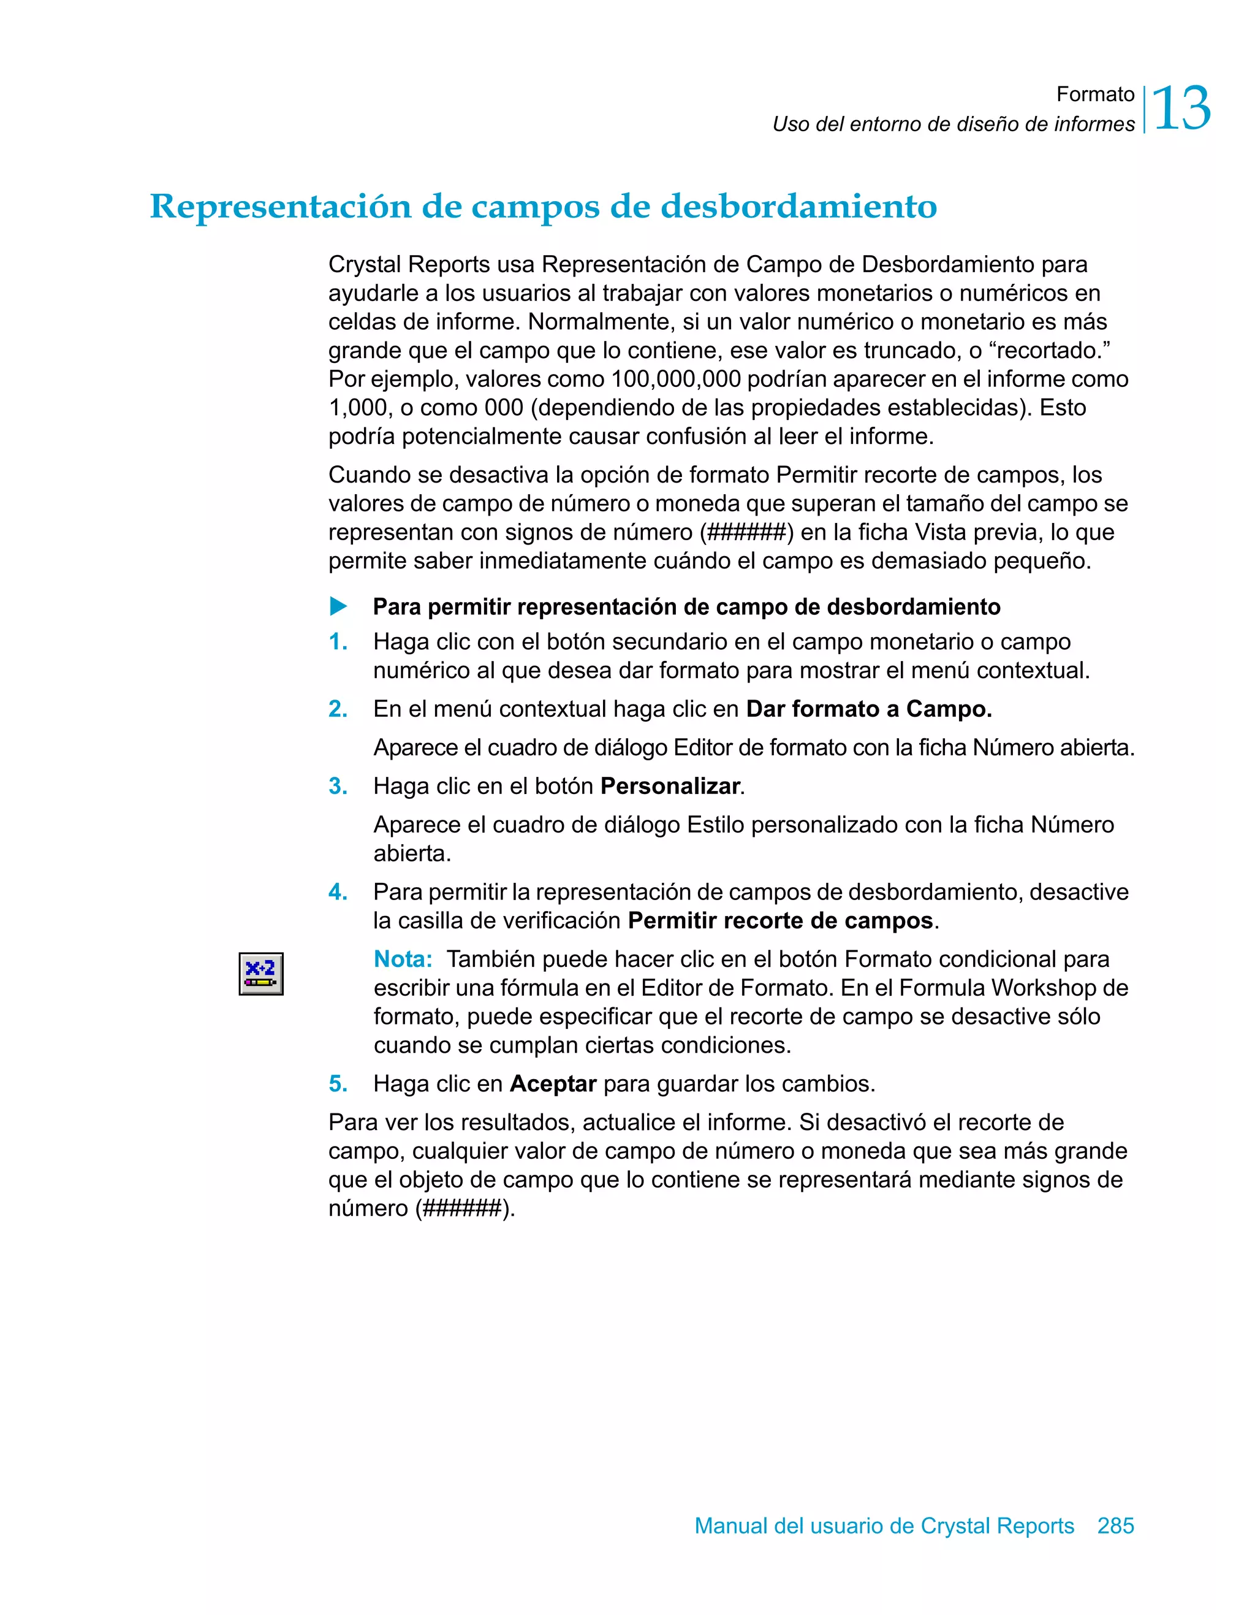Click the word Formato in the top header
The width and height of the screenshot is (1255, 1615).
(1094, 94)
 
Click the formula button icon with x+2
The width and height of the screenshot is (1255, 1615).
(261, 974)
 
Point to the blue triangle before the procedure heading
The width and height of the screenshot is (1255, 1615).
(338, 606)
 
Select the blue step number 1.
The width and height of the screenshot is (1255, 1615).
(338, 642)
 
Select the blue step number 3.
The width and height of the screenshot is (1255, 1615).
(338, 786)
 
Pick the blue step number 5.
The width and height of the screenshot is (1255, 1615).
(338, 1084)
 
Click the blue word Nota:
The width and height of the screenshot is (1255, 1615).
(403, 959)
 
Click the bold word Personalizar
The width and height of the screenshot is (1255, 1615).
(670, 786)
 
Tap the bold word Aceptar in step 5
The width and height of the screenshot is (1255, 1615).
(553, 1084)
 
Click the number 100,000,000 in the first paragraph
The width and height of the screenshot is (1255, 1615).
(675, 380)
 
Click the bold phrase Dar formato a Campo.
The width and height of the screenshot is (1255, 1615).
(868, 709)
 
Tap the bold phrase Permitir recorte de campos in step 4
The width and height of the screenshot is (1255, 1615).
(781, 921)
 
